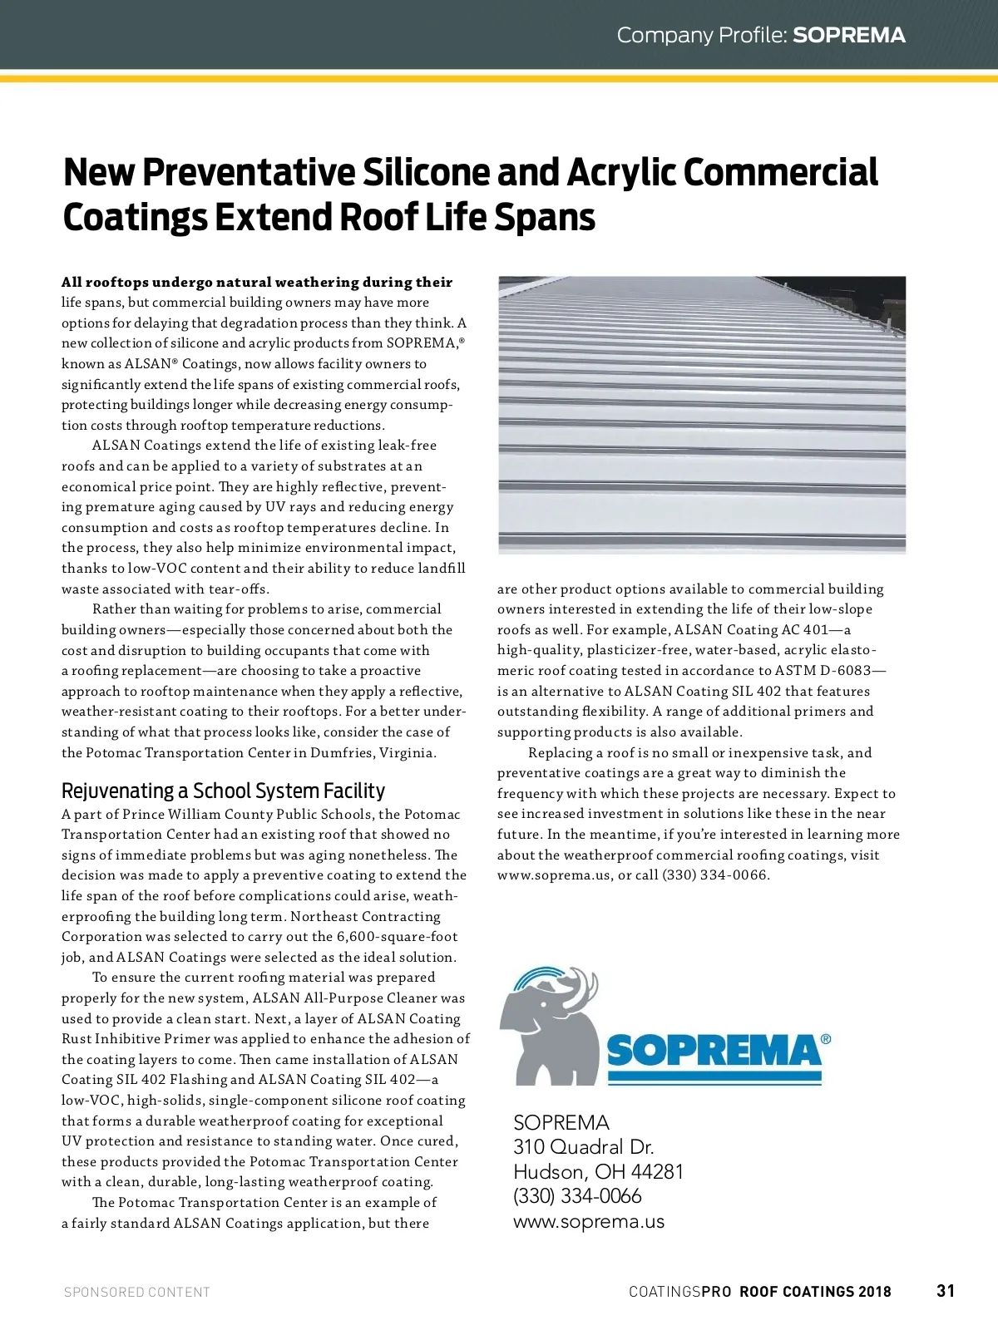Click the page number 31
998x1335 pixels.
(946, 1291)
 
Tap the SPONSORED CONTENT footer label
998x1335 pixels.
(137, 1292)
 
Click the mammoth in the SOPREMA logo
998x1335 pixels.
(549, 1027)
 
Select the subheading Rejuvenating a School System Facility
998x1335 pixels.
(223, 791)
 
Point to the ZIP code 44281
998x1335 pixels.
(657, 1172)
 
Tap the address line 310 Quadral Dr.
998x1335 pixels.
(583, 1147)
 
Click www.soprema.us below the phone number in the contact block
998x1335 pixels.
(589, 1222)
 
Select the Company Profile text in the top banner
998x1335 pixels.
(701, 35)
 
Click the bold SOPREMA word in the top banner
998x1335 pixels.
(849, 35)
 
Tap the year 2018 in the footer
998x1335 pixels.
(874, 1292)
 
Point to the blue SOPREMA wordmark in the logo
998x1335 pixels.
(714, 1051)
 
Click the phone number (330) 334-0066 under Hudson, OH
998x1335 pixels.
(577, 1197)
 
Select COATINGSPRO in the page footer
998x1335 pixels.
(679, 1292)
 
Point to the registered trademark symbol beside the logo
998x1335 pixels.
(825, 1039)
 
